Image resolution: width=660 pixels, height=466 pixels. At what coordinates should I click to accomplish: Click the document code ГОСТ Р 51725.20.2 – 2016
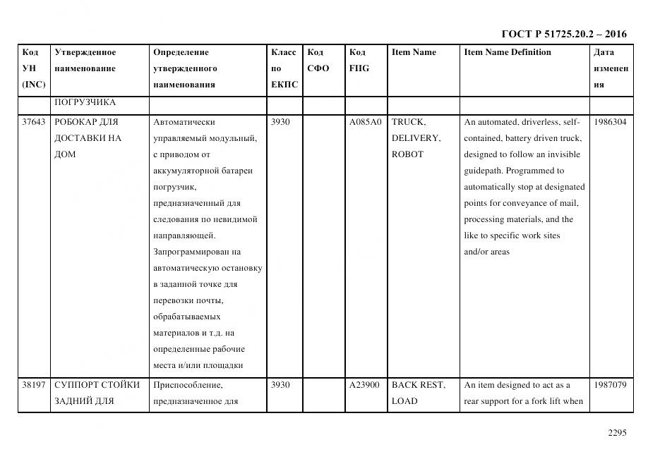pyautogui.click(x=563, y=34)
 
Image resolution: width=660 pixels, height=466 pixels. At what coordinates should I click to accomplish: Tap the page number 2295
pyautogui.click(x=617, y=433)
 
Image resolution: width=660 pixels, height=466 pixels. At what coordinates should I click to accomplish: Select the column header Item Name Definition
pyautogui.click(x=508, y=52)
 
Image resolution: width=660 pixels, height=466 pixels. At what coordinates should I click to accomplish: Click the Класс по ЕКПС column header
pyautogui.click(x=284, y=68)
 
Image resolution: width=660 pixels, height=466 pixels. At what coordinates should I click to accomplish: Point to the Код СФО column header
pyautogui.click(x=318, y=61)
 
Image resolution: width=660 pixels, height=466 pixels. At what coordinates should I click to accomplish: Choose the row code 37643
pyautogui.click(x=33, y=122)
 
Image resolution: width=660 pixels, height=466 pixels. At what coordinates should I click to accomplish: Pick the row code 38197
pyautogui.click(x=33, y=385)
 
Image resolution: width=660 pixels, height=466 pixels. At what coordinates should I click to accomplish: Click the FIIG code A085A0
pyautogui.click(x=365, y=122)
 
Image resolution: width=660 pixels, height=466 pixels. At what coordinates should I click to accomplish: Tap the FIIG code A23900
pyautogui.click(x=364, y=385)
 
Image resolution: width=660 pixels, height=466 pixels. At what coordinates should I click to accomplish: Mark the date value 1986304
pyautogui.click(x=610, y=122)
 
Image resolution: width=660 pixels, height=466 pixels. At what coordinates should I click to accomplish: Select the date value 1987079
pyautogui.click(x=610, y=385)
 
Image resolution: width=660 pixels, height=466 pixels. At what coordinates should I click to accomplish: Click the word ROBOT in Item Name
pyautogui.click(x=407, y=154)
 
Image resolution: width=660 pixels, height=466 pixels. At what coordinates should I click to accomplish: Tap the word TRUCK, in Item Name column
pyautogui.click(x=408, y=122)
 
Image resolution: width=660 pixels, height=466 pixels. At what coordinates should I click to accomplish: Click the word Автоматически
pyautogui.click(x=184, y=122)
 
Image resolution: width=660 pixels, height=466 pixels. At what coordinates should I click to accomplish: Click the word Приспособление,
pyautogui.click(x=187, y=385)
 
